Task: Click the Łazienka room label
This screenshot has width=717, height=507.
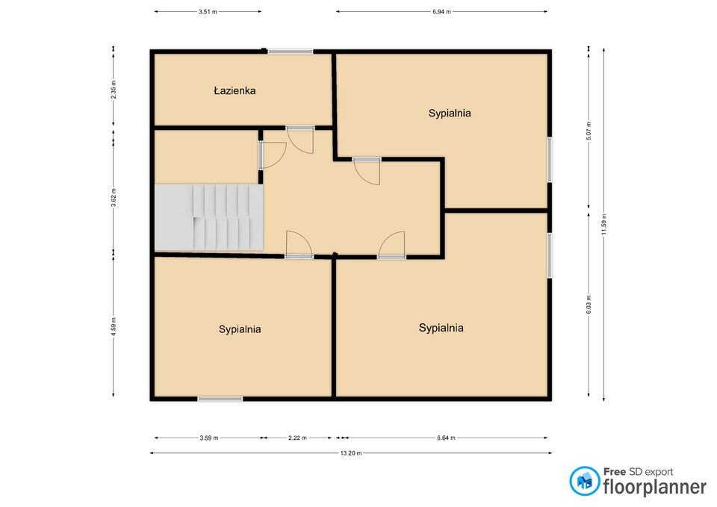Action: click(235, 90)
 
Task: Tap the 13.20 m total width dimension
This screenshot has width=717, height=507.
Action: click(351, 453)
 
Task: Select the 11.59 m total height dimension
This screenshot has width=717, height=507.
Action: click(603, 225)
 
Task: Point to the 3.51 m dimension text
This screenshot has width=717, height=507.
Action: click(208, 12)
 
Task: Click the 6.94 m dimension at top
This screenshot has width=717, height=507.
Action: click(441, 12)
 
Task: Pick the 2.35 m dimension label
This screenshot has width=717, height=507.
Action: click(114, 90)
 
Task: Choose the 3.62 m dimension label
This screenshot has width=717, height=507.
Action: click(114, 197)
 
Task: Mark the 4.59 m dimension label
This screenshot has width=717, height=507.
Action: click(114, 326)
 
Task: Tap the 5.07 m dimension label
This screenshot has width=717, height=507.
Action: click(589, 131)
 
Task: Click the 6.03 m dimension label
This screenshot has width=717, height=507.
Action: click(589, 305)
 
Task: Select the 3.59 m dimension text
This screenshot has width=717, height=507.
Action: click(209, 438)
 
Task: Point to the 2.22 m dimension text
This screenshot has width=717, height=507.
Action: click(297, 438)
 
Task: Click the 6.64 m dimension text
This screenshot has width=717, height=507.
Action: click(446, 438)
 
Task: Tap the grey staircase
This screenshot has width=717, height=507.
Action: click(209, 217)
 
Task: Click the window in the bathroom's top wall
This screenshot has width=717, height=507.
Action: click(291, 52)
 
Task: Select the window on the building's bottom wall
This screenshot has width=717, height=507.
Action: click(220, 399)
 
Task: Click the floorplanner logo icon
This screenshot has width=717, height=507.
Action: click(584, 481)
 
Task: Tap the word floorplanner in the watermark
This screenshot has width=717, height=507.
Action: click(655, 487)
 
